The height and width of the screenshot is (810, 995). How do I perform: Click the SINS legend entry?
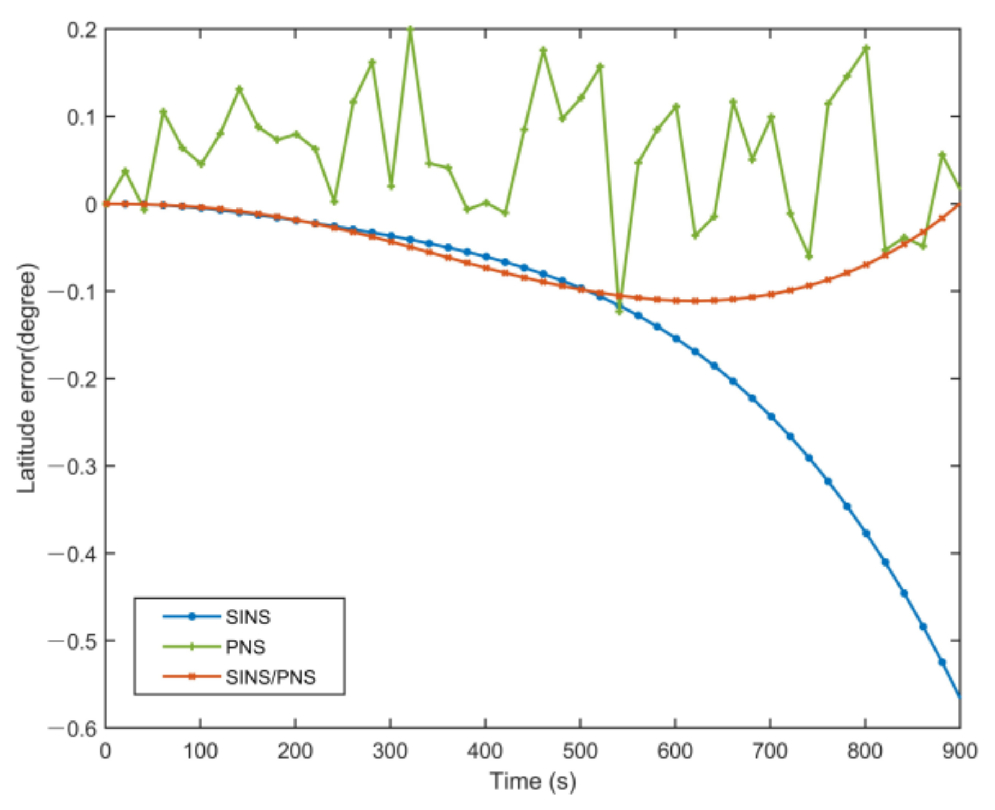248,617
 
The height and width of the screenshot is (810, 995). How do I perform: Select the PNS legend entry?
245,647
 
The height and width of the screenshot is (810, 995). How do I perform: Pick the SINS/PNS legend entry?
271,677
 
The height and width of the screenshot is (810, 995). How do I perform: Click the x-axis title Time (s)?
532,781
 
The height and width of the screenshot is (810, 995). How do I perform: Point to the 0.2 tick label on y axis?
82,30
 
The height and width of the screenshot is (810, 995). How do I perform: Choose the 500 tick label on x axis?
580,752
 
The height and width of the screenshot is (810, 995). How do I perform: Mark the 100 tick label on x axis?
200,752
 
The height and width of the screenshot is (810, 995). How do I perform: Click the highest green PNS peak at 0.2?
410,29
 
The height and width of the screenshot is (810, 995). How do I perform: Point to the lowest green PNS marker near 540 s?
619,311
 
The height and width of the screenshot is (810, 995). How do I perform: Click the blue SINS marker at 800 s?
866,533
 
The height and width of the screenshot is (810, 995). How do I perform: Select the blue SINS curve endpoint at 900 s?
960,696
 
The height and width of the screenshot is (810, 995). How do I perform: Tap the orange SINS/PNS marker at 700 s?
771,294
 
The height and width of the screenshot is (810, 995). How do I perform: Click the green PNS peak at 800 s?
866,49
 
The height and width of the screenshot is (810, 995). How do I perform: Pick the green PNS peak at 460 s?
543,50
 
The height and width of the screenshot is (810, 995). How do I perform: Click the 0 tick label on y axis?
91,205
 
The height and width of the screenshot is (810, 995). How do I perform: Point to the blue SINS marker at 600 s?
676,338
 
